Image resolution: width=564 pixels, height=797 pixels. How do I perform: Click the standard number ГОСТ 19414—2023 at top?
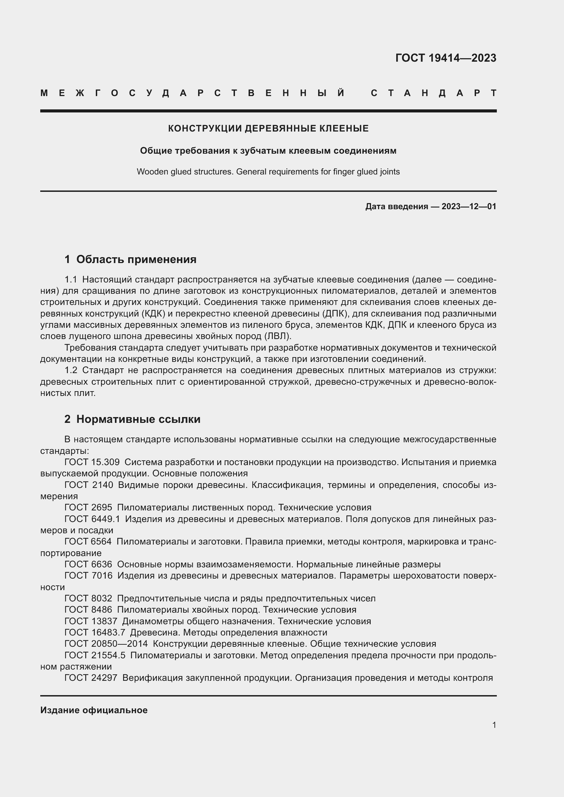click(446, 58)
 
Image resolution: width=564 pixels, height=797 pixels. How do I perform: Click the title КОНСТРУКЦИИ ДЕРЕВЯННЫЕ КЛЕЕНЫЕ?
click(268, 128)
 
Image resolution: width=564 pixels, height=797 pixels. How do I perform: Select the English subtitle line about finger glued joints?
click(268, 172)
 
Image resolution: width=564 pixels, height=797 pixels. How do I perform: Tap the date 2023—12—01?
click(469, 206)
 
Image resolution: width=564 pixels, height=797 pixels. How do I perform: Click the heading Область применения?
click(136, 259)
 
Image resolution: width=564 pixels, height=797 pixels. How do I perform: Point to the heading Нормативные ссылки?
click(138, 419)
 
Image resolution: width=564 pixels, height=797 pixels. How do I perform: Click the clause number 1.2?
click(71, 370)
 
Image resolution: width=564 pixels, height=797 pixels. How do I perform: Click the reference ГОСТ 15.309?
click(92, 462)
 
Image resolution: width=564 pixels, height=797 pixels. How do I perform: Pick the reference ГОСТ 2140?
click(89, 485)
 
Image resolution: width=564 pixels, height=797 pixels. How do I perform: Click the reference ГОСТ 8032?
click(88, 598)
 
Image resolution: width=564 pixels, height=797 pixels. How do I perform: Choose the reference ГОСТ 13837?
click(91, 621)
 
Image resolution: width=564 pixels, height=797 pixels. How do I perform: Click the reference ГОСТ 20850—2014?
click(106, 644)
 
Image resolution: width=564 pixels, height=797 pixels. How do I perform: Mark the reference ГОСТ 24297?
click(91, 678)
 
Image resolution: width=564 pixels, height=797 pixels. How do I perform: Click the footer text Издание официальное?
click(94, 710)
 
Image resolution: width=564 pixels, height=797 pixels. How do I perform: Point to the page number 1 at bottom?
click(494, 725)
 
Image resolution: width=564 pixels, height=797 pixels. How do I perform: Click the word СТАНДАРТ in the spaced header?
click(433, 93)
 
